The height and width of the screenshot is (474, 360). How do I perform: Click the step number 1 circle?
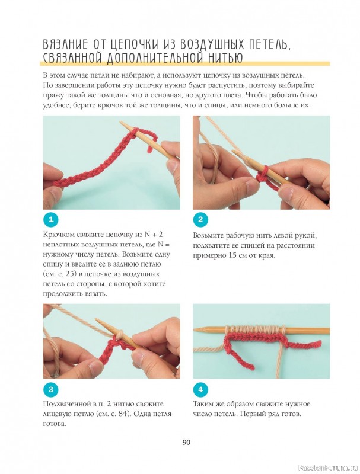(x=50, y=219)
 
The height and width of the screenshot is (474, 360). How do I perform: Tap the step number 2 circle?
(x=200, y=219)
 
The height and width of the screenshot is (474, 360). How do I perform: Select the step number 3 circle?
(x=50, y=389)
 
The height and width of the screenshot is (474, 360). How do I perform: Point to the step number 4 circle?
(x=200, y=389)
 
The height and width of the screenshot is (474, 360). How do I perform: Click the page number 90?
(x=186, y=443)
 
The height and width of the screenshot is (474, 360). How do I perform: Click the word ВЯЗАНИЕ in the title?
(x=65, y=44)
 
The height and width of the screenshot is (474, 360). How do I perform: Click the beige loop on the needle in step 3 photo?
(x=120, y=334)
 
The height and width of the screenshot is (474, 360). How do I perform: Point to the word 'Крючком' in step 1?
(x=58, y=235)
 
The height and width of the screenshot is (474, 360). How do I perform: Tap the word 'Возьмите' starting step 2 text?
(x=209, y=235)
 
